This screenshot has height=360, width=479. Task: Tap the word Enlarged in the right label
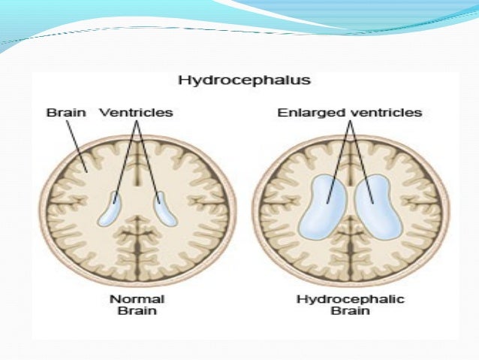pos(308,113)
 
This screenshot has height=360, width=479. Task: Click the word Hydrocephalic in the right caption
pos(350,299)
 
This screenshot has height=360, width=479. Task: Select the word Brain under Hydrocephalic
pos(350,312)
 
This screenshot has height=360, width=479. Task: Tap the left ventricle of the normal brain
pos(110,210)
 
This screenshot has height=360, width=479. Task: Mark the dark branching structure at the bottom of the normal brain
pos(136,247)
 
